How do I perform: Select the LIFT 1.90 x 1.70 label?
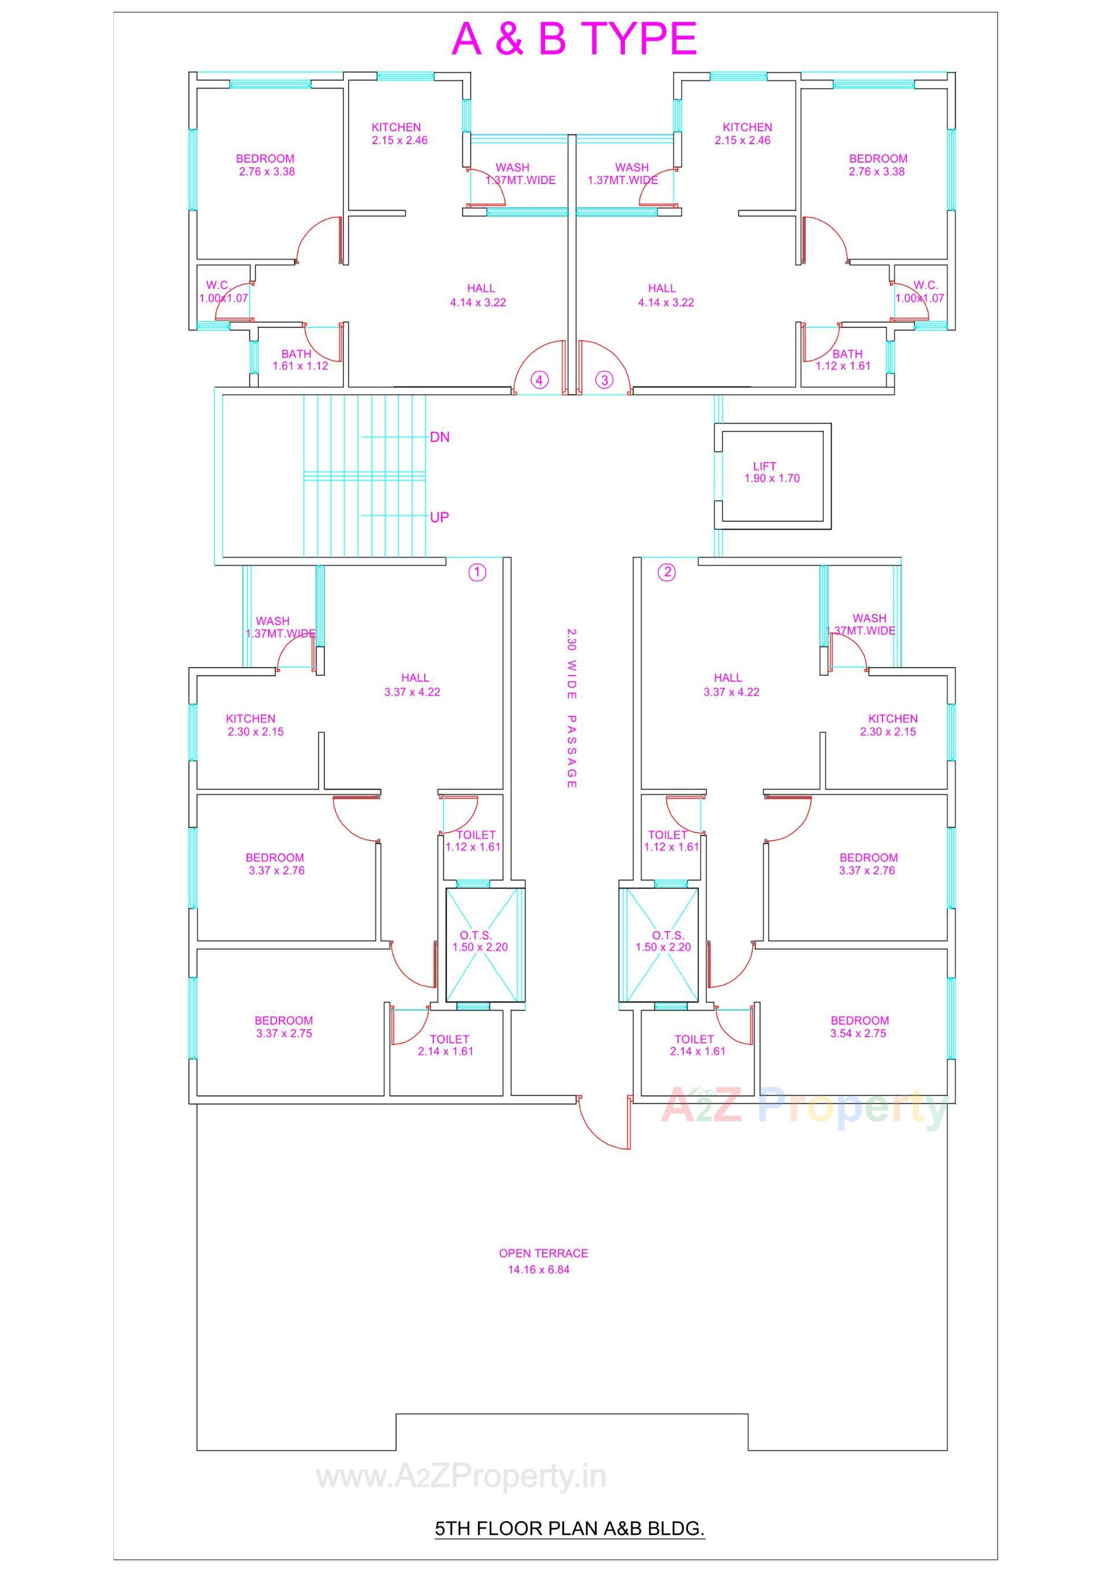coord(771,472)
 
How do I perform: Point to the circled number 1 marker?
coord(477,572)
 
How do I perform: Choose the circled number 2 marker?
coord(667,572)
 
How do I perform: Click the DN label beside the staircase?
coord(439,437)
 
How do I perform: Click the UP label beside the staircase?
coord(439,517)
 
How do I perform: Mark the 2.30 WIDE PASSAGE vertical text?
coord(572,708)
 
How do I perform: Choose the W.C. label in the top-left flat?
coord(218,285)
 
